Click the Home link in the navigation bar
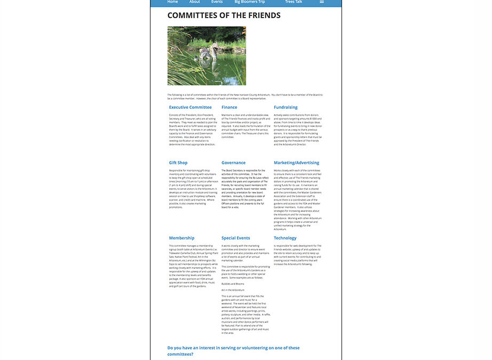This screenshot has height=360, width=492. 172,2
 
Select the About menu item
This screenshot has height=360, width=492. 195,2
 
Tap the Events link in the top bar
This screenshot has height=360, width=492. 217,2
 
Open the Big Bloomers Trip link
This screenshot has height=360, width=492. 250,2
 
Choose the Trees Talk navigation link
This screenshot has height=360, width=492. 293,2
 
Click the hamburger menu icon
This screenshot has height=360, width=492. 322,2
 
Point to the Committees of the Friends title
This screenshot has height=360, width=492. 224,15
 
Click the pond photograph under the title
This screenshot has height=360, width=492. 207,56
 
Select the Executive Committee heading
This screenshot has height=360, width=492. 190,107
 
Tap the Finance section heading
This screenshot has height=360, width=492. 229,107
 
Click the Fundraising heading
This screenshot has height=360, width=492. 285,107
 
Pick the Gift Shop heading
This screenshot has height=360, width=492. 178,163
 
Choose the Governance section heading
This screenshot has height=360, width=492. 233,163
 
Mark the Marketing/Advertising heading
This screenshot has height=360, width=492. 296,163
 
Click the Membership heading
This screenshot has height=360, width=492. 181,238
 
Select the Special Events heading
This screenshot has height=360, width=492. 236,238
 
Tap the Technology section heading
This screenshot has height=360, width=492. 285,238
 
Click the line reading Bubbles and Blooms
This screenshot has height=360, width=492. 233,284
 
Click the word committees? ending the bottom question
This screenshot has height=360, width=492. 180,354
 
